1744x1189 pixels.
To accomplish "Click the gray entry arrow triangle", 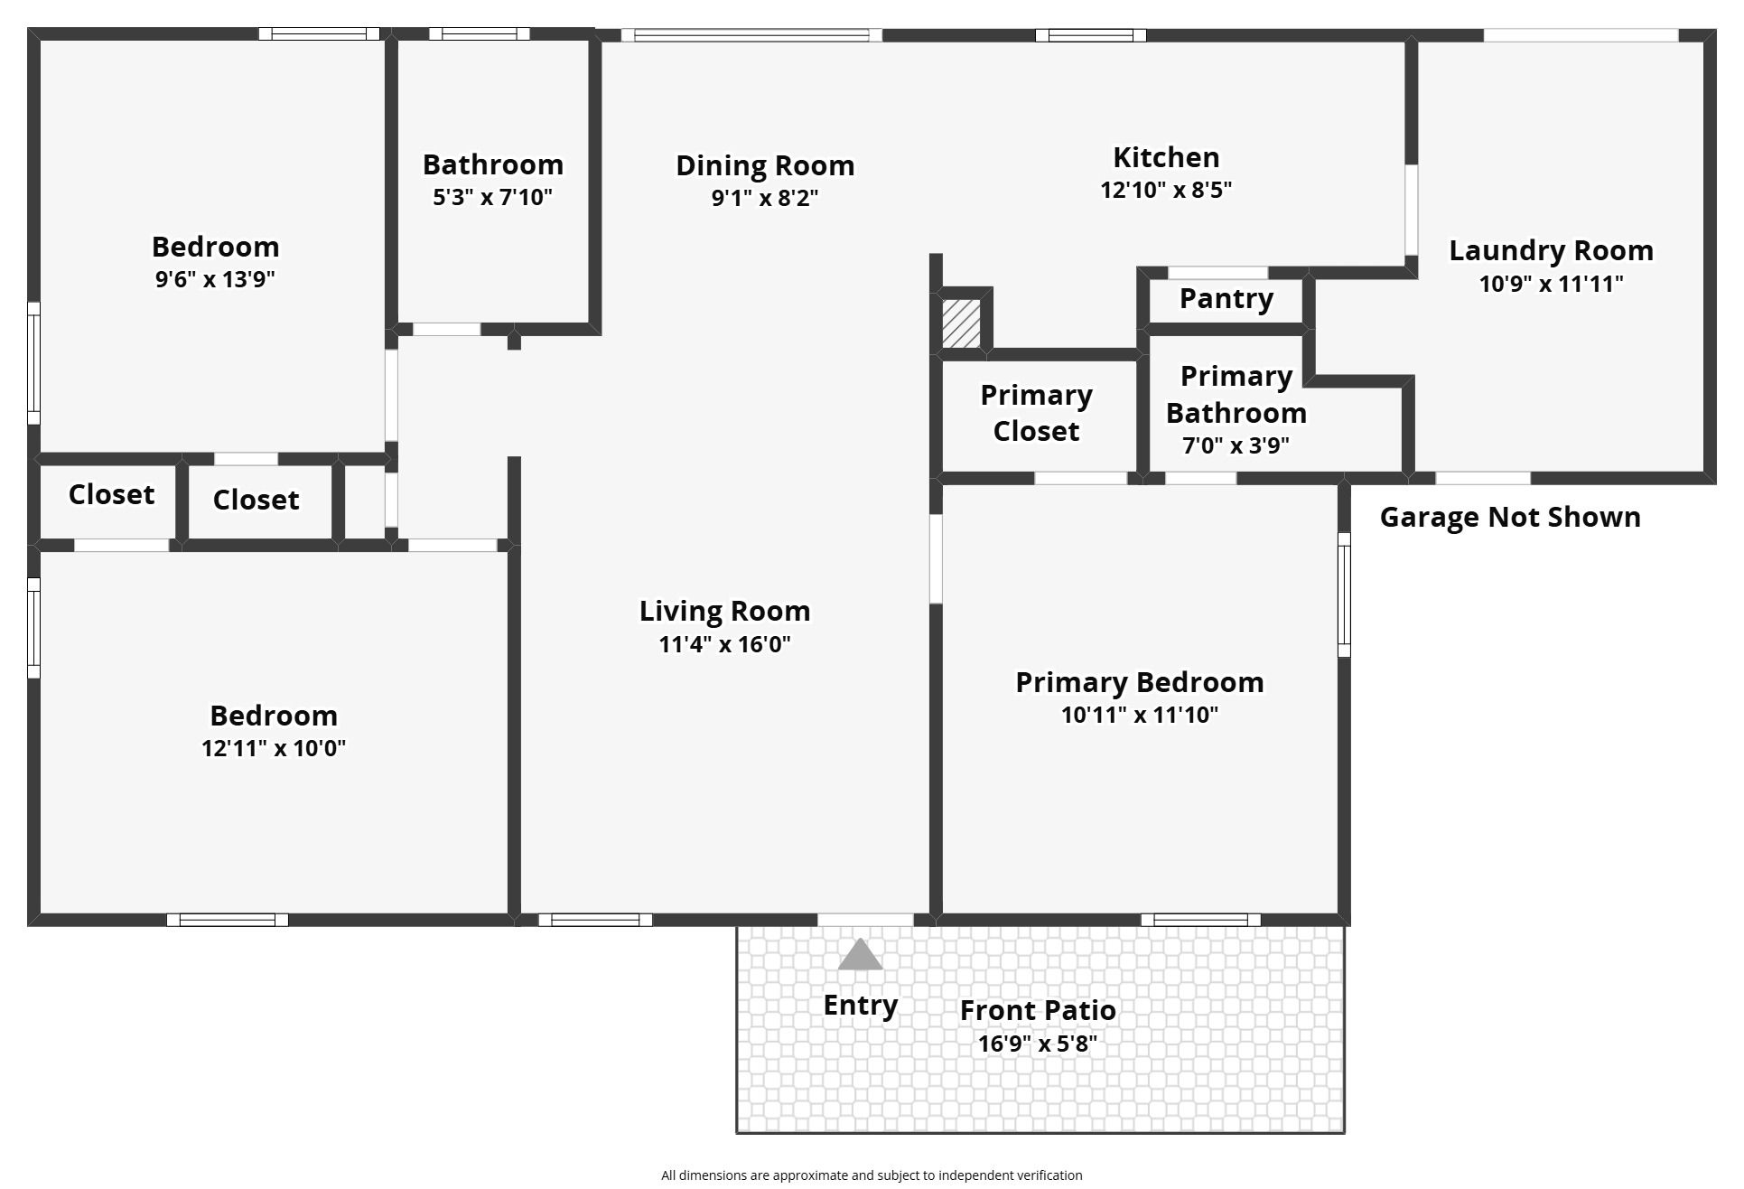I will click(x=859, y=956).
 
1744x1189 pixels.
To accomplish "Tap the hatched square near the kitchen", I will click(x=961, y=323).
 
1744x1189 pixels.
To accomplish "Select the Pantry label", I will click(x=1226, y=298).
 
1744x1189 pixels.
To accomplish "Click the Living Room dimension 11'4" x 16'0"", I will click(x=724, y=644).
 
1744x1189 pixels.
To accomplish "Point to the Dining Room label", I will click(x=765, y=165).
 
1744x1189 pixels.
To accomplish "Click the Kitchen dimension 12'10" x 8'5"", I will click(x=1165, y=190).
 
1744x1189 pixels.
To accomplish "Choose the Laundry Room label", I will click(x=1551, y=250).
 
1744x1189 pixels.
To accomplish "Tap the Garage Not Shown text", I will click(x=1509, y=517).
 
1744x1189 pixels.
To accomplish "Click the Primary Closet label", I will click(x=1036, y=413).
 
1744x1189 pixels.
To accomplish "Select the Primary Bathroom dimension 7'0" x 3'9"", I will click(x=1236, y=445).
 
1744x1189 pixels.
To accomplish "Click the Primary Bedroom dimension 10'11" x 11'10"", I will click(x=1139, y=715).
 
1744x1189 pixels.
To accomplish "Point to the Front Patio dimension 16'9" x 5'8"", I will click(x=1037, y=1044).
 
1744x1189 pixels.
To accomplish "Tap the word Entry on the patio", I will click(x=860, y=1005).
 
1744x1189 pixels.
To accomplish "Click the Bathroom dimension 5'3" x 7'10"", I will click(x=492, y=197).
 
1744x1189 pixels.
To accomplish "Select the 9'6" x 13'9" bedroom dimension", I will click(x=215, y=279).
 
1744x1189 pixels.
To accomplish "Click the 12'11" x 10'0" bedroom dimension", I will click(x=274, y=748).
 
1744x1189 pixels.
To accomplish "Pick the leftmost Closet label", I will click(x=111, y=494).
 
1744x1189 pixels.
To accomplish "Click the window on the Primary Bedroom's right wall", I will click(x=1343, y=594).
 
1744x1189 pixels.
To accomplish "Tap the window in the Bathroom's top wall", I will click(x=479, y=34).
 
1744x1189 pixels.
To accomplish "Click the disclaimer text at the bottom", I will click(x=871, y=1175).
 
